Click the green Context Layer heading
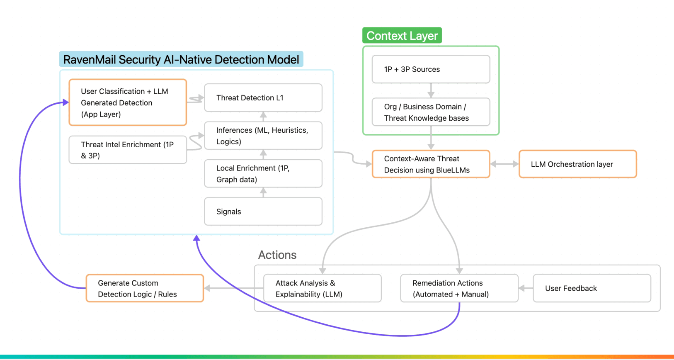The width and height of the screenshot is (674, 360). pos(402,36)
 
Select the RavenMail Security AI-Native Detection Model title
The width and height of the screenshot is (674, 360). pos(181,60)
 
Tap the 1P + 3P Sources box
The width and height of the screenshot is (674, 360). pos(431,69)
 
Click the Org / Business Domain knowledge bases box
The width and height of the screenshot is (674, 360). pos(431,112)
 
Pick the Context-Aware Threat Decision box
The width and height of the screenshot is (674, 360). pos(431,164)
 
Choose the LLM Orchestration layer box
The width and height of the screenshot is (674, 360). pos(577,164)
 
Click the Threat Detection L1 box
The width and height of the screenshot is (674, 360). pos(263,98)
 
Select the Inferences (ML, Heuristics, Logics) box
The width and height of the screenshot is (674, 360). pos(263,136)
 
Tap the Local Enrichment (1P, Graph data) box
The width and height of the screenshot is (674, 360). pos(263,174)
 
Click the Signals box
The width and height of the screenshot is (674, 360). pos(263,212)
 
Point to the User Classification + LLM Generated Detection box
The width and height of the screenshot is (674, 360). pos(128,102)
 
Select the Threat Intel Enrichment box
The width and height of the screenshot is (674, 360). pos(128,150)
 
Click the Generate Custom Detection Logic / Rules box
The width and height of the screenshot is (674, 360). pos(145,288)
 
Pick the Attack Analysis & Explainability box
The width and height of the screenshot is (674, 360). pos(322,288)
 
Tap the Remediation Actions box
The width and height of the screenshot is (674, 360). pos(459,288)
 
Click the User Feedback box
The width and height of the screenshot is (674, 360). pos(592,288)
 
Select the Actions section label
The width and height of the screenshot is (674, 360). pos(277,255)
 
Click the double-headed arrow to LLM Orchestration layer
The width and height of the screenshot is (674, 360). pos(504,164)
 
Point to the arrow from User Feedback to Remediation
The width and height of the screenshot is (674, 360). pos(526,288)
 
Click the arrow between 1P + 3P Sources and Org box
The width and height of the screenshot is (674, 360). pos(431,90)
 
